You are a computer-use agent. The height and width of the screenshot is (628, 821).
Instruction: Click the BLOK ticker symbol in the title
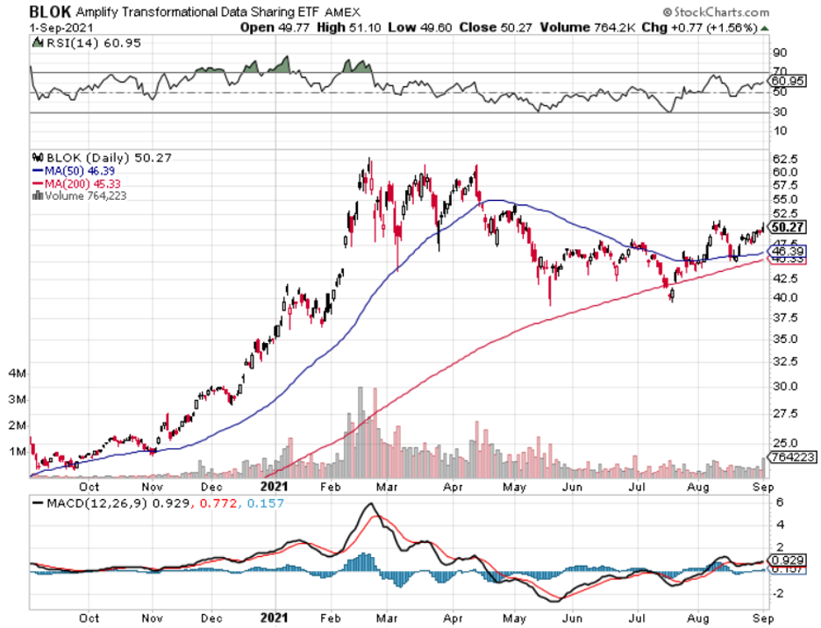(x=48, y=12)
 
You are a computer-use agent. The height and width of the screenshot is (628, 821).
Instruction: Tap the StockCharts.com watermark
(x=717, y=12)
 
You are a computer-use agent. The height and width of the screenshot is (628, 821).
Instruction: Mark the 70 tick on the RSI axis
(x=779, y=72)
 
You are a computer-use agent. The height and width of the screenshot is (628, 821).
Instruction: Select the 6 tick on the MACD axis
(x=777, y=502)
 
